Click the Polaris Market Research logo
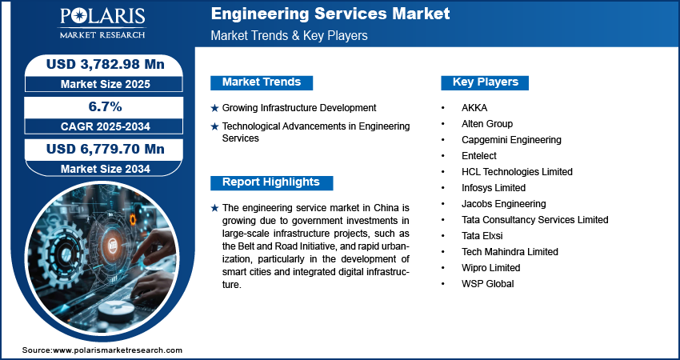pyautogui.click(x=102, y=23)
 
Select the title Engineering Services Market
pyautogui.click(x=330, y=14)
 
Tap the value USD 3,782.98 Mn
pyautogui.click(x=106, y=64)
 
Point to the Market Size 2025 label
pyautogui.click(x=106, y=84)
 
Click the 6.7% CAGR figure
pyautogui.click(x=106, y=106)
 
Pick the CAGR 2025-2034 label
pyautogui.click(x=106, y=126)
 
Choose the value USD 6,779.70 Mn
pyautogui.click(x=106, y=150)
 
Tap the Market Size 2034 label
pyautogui.click(x=106, y=169)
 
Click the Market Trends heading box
pyautogui.click(x=262, y=82)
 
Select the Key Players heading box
pyautogui.click(x=485, y=82)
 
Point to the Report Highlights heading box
pyautogui.click(x=271, y=182)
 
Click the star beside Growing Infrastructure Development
pyautogui.click(x=214, y=109)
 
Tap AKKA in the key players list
pyautogui.click(x=474, y=107)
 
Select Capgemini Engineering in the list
pyautogui.click(x=511, y=140)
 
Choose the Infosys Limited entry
pyautogui.click(x=494, y=188)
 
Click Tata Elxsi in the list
pyautogui.click(x=482, y=236)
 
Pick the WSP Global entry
pyautogui.click(x=488, y=284)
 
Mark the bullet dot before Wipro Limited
pyautogui.click(x=442, y=268)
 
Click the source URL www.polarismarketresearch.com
pyautogui.click(x=118, y=350)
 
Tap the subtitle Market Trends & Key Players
pyautogui.click(x=290, y=35)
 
